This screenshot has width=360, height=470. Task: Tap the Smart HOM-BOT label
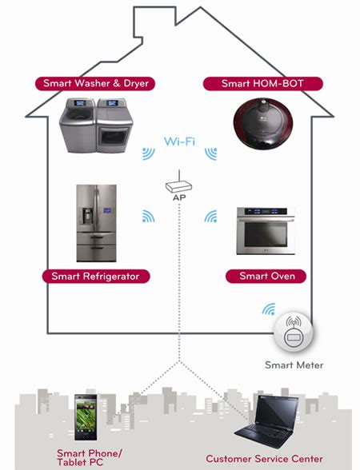click(262, 83)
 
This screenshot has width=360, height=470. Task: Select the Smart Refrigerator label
click(95, 277)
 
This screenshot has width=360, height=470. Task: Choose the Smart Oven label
click(267, 277)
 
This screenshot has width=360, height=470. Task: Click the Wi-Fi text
click(179, 141)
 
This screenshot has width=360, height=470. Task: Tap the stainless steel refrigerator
click(96, 224)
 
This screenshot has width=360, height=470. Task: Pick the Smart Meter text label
click(294, 365)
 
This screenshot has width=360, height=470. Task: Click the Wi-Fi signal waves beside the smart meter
click(269, 309)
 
